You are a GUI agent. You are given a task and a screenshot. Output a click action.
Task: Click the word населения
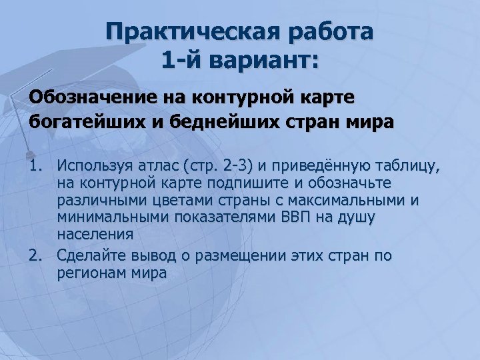(95, 235)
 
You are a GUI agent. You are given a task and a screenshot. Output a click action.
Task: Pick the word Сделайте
(92, 256)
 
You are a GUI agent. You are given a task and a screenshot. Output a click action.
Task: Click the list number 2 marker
(36, 256)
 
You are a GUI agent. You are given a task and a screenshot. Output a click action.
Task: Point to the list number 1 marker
(36, 165)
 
